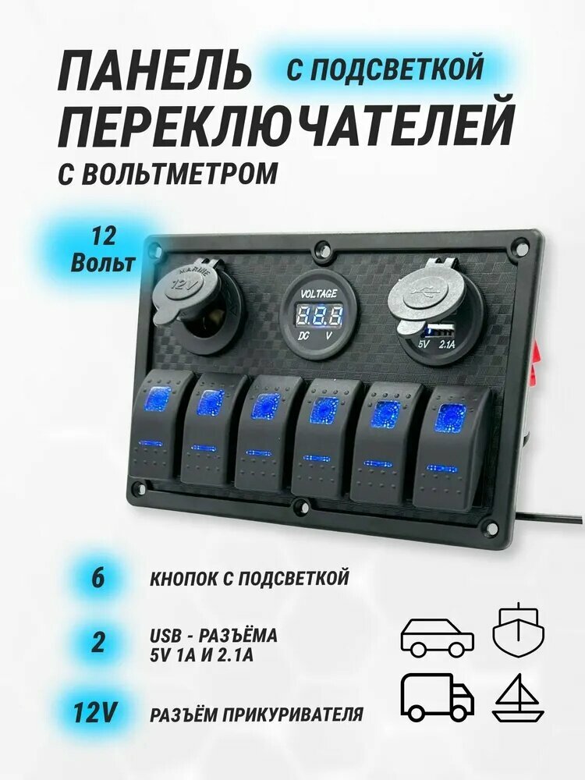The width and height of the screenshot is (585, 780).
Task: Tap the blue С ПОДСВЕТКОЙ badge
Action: tap(385, 69)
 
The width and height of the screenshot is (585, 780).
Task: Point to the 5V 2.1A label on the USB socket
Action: tap(437, 342)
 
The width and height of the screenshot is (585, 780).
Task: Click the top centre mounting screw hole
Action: tap(320, 252)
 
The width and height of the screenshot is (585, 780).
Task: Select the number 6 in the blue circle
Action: tap(98, 580)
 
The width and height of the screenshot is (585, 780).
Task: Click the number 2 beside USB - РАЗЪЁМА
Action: tap(98, 644)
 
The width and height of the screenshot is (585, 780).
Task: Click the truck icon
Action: tap(437, 697)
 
